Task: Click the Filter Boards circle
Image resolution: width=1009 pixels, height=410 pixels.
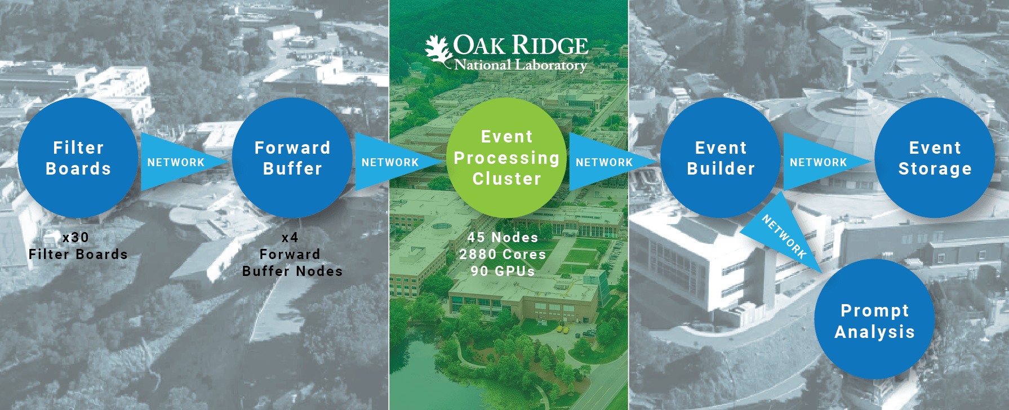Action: pos(78,158)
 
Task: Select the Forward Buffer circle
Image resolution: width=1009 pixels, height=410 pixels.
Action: pos(292,158)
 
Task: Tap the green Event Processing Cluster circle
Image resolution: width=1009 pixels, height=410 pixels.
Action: pos(506,158)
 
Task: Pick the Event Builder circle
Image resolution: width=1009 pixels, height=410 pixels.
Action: pos(721,158)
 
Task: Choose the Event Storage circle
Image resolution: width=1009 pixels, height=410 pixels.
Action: pos(935,158)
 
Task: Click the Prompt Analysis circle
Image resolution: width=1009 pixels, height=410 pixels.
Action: pos(875,320)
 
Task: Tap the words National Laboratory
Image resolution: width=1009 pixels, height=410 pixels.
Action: pos(521,65)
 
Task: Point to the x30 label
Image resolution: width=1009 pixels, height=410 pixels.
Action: pos(75,238)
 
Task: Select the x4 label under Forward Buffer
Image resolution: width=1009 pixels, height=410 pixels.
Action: pos(290,238)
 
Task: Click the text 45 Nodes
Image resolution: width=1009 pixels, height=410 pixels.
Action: pos(503,238)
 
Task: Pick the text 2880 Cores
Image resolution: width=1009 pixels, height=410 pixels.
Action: pos(503,255)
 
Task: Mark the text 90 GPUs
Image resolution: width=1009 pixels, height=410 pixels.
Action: pos(503,271)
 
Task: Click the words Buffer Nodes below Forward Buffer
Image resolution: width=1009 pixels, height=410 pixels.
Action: pos(292,271)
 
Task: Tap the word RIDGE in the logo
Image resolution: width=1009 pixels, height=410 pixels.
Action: pos(550,46)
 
